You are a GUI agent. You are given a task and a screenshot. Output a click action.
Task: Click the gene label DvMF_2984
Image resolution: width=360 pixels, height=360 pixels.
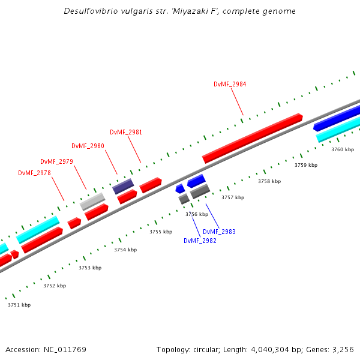click(x=230, y=84)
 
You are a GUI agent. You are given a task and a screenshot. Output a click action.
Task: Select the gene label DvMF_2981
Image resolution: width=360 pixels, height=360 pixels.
click(x=126, y=132)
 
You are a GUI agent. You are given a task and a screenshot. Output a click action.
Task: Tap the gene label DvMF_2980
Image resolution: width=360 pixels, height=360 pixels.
click(x=88, y=146)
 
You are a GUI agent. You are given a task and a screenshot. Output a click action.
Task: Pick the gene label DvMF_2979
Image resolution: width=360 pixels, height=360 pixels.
click(x=56, y=161)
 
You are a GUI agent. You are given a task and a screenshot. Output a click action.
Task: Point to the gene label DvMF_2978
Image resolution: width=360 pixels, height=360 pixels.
click(x=34, y=173)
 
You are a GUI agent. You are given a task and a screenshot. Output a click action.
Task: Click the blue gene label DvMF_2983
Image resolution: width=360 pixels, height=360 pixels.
click(x=219, y=232)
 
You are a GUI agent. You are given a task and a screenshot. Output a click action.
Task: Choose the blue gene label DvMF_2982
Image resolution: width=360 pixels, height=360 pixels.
click(x=200, y=241)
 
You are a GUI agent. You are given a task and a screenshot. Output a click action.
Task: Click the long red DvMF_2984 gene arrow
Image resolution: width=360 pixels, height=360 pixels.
click(x=252, y=138)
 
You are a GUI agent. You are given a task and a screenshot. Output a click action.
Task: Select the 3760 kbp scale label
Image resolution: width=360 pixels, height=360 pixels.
click(x=343, y=149)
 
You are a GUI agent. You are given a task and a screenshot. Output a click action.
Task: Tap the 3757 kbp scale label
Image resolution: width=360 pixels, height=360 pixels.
click(x=233, y=197)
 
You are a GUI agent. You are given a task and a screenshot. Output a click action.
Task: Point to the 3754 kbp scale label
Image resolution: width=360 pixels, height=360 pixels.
click(x=125, y=250)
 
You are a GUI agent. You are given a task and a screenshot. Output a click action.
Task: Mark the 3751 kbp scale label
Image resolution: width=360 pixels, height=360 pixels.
click(x=19, y=305)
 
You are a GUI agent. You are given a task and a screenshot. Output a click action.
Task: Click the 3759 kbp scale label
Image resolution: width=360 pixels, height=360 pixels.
click(x=305, y=165)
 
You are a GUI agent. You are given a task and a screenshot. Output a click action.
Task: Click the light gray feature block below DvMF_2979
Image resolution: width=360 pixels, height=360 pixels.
click(x=92, y=200)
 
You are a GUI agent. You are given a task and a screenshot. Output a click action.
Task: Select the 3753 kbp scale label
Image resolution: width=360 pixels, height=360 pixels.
click(x=90, y=268)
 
